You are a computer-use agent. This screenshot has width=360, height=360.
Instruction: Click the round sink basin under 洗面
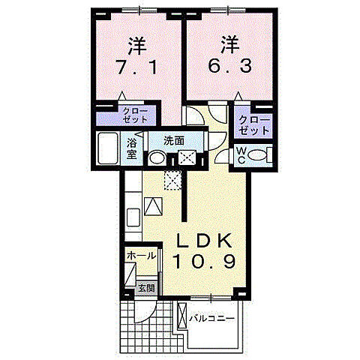157,158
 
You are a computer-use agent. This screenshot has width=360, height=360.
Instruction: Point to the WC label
241,154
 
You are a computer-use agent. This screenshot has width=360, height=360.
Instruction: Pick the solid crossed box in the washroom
185,157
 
